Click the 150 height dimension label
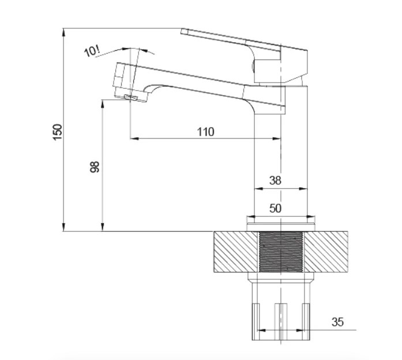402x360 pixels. click(x=58, y=132)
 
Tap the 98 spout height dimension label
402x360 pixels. click(x=95, y=167)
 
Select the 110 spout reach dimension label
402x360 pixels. click(x=205, y=132)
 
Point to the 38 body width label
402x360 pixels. click(x=275, y=181)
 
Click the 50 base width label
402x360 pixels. click(x=275, y=208)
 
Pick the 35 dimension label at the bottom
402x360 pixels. click(x=337, y=322)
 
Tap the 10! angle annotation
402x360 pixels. click(x=92, y=51)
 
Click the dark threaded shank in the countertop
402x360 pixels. click(x=281, y=252)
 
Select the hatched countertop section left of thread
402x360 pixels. click(x=235, y=252)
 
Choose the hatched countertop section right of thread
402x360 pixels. click(x=326, y=252)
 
